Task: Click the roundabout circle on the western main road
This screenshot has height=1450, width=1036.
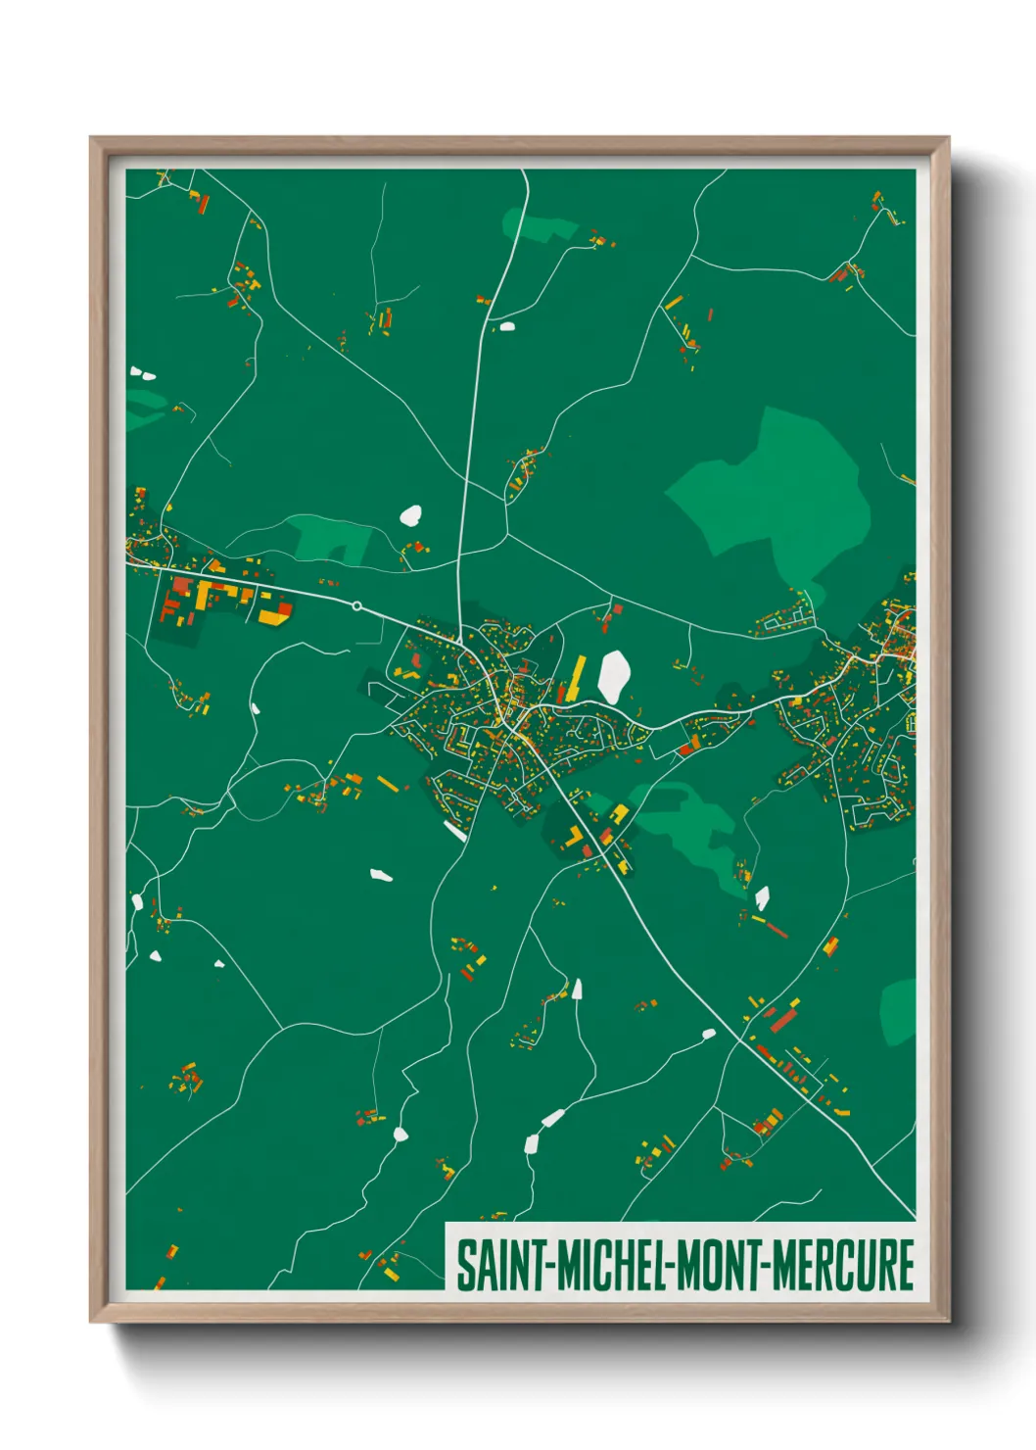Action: (x=357, y=606)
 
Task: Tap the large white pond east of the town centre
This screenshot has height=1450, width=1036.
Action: (x=614, y=676)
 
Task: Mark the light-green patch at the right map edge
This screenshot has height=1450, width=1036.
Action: (x=899, y=1011)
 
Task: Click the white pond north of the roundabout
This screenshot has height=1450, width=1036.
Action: (x=411, y=514)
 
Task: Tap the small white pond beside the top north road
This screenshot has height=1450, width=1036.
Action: (x=507, y=326)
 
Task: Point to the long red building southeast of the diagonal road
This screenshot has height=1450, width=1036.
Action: (x=782, y=1020)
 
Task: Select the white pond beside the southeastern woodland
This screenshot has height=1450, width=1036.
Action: (x=762, y=896)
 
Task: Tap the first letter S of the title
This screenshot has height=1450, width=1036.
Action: (x=464, y=1266)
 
